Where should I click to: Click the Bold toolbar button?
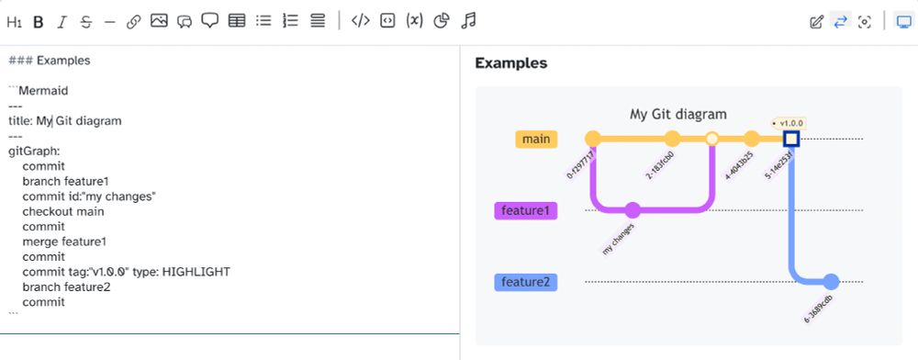[x=39, y=21]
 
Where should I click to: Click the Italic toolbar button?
[x=62, y=21]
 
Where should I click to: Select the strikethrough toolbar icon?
[x=86, y=21]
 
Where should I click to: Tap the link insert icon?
[x=134, y=21]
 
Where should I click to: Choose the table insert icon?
[x=236, y=20]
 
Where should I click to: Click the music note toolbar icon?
[x=468, y=20]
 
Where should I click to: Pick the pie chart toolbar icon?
[x=442, y=20]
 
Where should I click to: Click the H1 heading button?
[x=15, y=21]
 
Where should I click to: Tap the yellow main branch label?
[x=535, y=139]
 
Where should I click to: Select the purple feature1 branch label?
[x=527, y=210]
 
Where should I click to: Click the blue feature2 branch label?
[x=527, y=282]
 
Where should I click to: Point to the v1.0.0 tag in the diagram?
[x=789, y=122]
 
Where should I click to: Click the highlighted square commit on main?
[x=790, y=139]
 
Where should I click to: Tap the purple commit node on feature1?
[x=633, y=210]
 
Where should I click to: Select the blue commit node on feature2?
[x=831, y=282]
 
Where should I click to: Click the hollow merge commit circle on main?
[x=711, y=139]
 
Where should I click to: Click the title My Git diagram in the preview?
[x=677, y=114]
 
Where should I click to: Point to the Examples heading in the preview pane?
[x=510, y=63]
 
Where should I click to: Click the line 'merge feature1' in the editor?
[x=64, y=242]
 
